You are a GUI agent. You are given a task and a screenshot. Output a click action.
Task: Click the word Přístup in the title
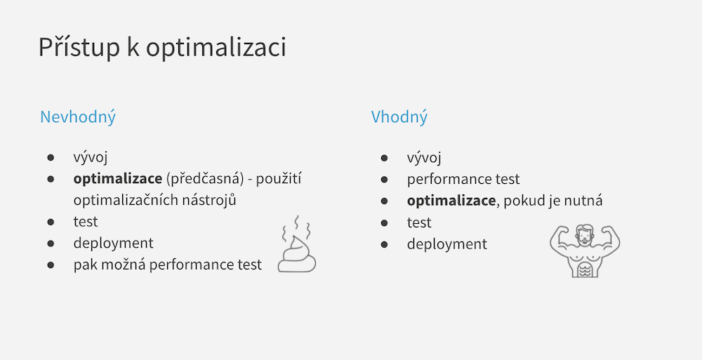tap(79, 46)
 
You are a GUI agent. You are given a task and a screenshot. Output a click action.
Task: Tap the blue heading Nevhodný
tap(78, 117)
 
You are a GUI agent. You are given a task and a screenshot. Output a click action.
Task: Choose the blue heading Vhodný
tap(399, 117)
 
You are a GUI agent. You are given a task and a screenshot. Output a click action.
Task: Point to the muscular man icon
tap(585, 251)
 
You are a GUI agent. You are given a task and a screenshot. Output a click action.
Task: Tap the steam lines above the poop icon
tap(296, 227)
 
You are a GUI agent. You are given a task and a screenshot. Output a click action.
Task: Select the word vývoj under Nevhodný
tap(91, 158)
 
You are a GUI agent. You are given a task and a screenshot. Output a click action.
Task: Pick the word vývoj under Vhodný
tap(424, 158)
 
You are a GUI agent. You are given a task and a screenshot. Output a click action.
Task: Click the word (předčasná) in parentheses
tap(205, 179)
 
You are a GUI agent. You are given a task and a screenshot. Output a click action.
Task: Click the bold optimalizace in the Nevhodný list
tap(118, 179)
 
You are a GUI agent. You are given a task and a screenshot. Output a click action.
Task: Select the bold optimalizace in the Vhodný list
tap(451, 201)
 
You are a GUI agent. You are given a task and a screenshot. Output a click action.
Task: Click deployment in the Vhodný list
tap(446, 244)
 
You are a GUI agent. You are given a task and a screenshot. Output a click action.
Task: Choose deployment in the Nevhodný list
tap(113, 244)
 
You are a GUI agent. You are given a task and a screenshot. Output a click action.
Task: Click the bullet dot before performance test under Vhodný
tap(384, 180)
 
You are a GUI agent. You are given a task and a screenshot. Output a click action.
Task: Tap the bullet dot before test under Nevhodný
tap(51, 222)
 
